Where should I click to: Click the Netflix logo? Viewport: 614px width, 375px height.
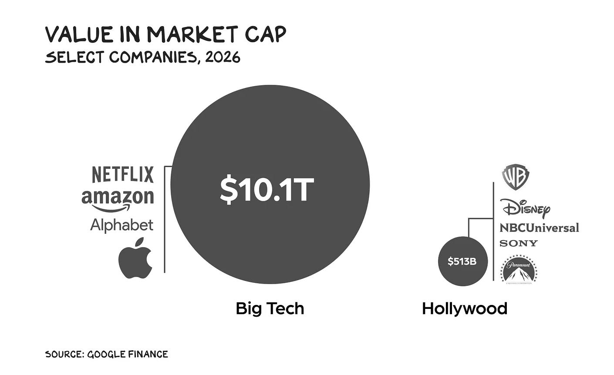123,174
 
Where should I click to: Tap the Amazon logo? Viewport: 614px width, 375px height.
118,198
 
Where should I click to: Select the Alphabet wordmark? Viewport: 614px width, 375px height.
122,225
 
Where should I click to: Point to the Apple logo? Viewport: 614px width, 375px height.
135,258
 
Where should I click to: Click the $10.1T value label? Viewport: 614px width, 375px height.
267,190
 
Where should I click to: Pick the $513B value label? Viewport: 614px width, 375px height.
462,261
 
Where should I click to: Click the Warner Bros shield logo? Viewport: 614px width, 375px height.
516,177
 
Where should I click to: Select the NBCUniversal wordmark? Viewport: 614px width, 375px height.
539,228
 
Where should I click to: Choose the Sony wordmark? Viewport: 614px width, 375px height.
518,243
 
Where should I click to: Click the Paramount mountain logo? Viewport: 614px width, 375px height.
519,269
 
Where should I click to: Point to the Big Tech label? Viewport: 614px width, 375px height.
270,308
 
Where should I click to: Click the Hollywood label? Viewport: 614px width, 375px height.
465,308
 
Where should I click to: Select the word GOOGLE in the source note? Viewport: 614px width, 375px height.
106,354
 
